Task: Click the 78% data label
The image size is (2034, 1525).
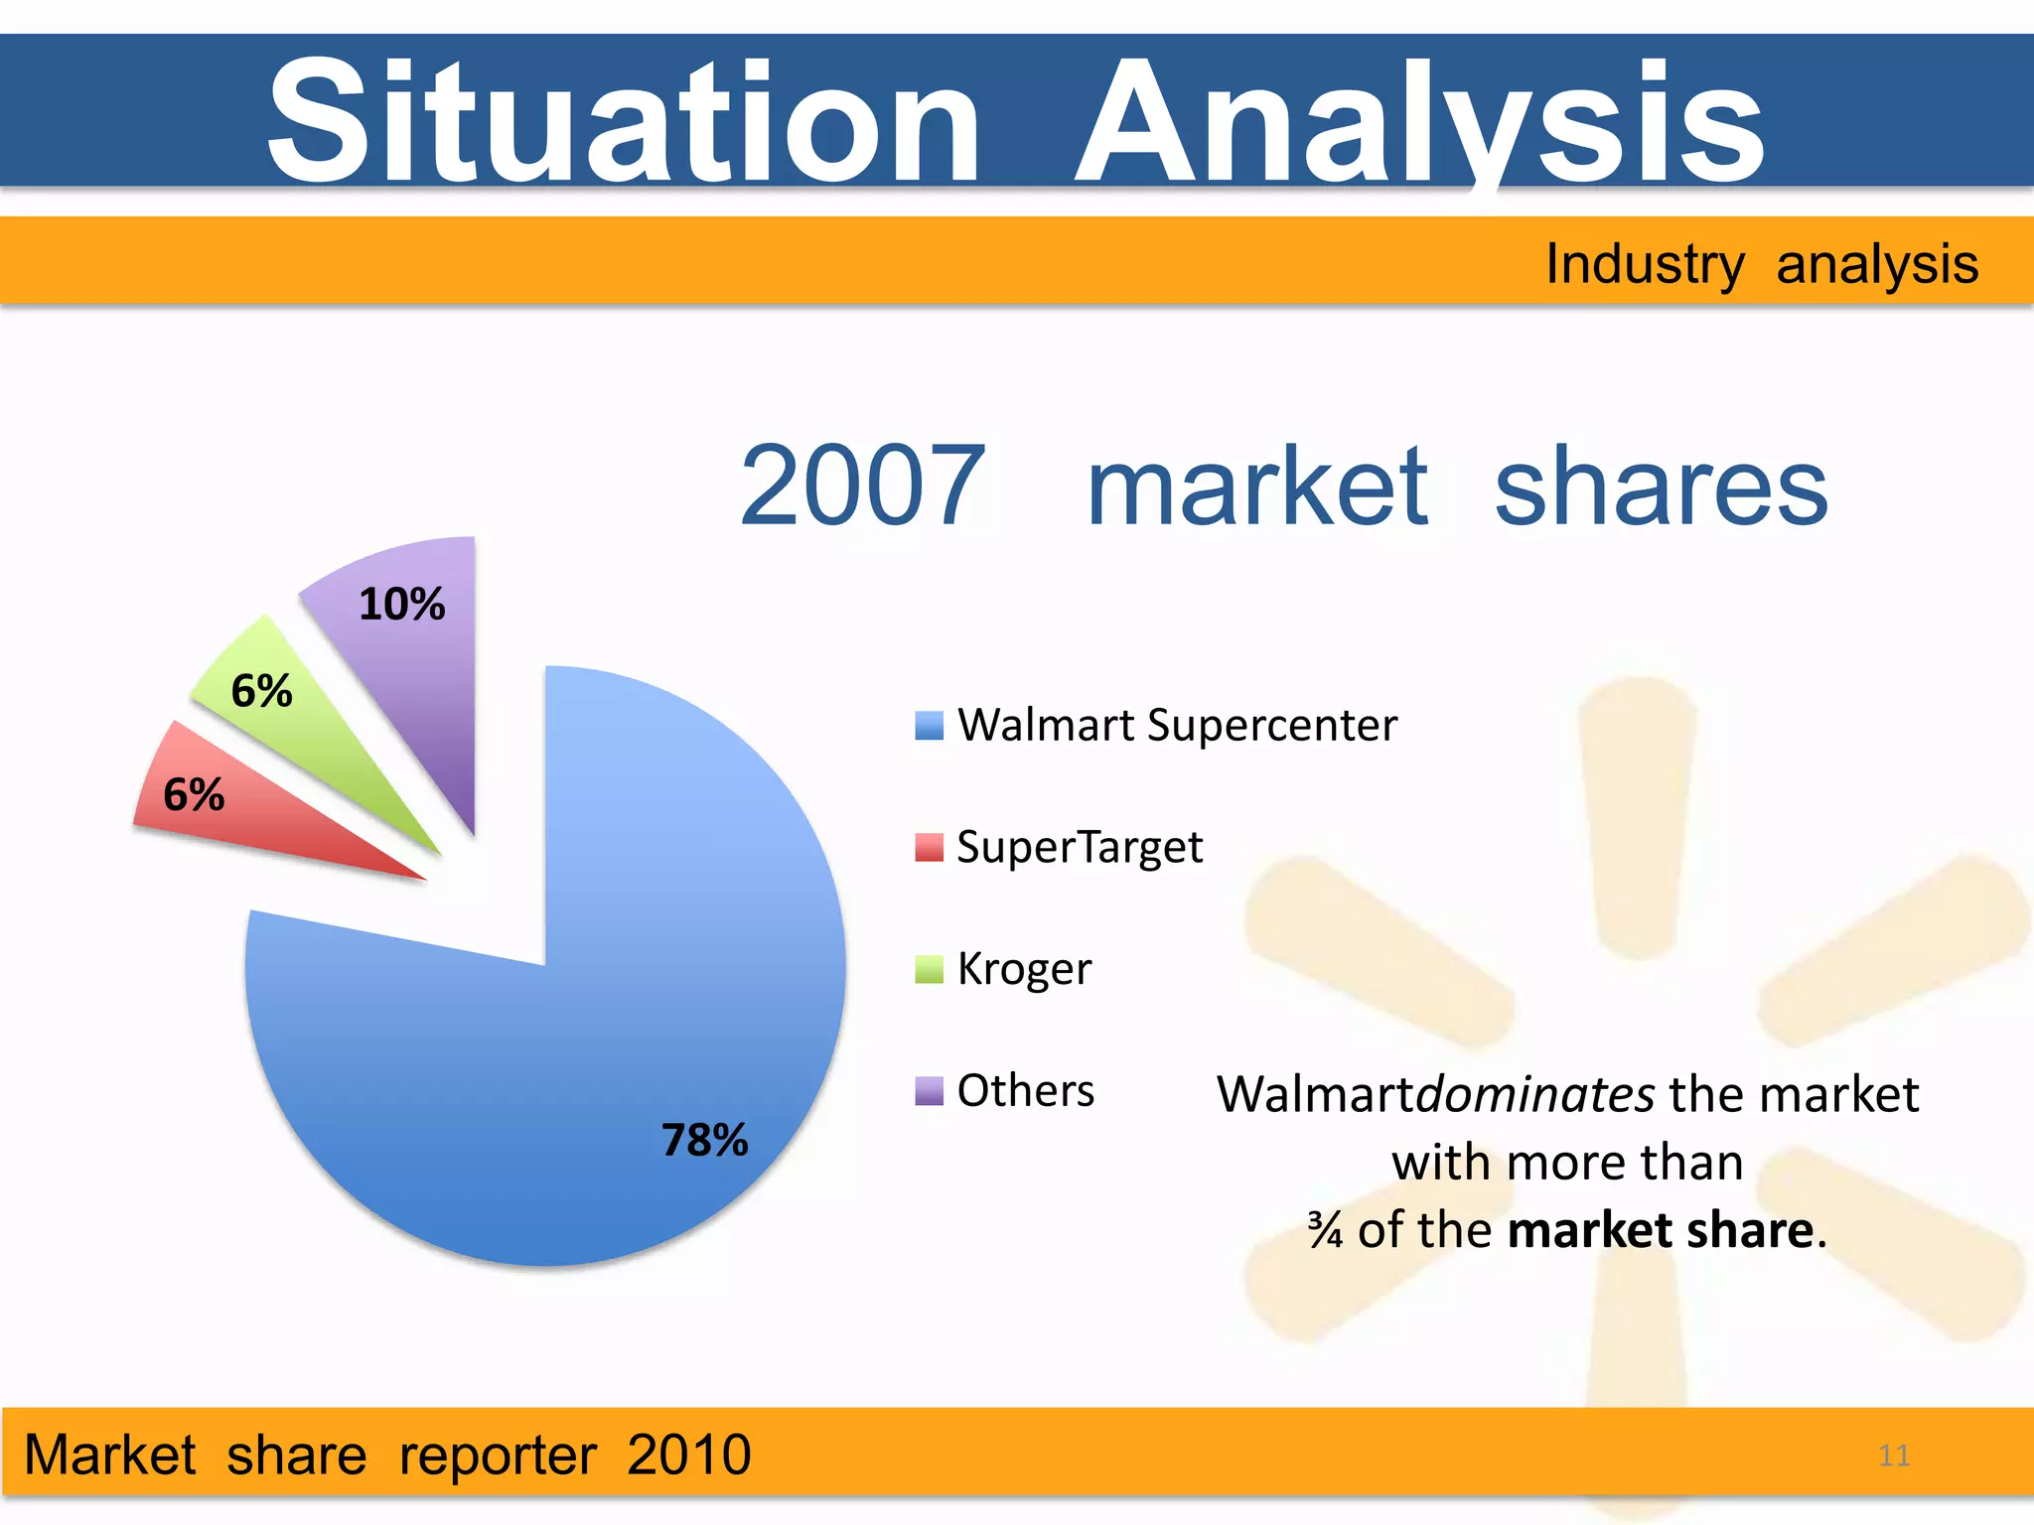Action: coord(704,1140)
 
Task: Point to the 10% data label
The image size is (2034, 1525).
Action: coord(401,604)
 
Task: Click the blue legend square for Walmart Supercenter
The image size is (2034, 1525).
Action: coord(929,726)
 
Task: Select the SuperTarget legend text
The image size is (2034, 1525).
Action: coord(1080,847)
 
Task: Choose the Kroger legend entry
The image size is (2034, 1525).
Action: coord(1023,968)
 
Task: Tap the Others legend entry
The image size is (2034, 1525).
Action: coord(1025,1090)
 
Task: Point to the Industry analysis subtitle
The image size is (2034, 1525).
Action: coord(1761,264)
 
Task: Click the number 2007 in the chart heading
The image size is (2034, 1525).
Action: coord(862,486)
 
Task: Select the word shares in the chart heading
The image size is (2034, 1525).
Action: coord(1661,486)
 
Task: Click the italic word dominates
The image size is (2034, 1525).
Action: coord(1534,1094)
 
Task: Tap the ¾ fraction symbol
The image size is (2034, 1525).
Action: coord(1325,1230)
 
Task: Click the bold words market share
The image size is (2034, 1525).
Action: coord(1661,1230)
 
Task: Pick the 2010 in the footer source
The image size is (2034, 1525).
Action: coord(688,1455)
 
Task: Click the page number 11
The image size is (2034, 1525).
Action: coord(1894,1456)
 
